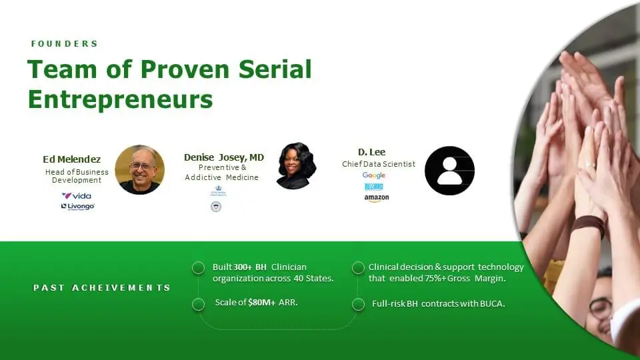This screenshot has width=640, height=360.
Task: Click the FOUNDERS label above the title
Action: pyautogui.click(x=65, y=44)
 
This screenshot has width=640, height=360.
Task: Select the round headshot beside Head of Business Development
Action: pyautogui.click(x=139, y=169)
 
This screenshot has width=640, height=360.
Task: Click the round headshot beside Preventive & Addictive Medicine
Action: pyautogui.click(x=296, y=165)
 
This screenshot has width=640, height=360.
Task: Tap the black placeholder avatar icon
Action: pyautogui.click(x=449, y=171)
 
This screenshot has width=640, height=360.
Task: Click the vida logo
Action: pyautogui.click(x=77, y=196)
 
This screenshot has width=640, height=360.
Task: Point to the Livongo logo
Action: pyautogui.click(x=77, y=207)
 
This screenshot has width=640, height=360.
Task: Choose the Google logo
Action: pyautogui.click(x=374, y=175)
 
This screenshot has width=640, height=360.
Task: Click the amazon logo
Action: pyautogui.click(x=376, y=198)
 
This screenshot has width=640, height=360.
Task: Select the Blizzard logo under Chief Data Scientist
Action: pyautogui.click(x=374, y=187)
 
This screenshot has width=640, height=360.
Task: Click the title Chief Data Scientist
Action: pyautogui.click(x=379, y=164)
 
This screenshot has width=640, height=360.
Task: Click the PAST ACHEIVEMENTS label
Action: pyautogui.click(x=102, y=288)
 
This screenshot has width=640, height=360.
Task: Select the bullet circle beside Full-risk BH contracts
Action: pyautogui.click(x=359, y=304)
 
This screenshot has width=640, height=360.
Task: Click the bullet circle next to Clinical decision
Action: pyautogui.click(x=358, y=268)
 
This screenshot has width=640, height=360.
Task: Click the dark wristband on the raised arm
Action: pyautogui.click(x=588, y=226)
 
